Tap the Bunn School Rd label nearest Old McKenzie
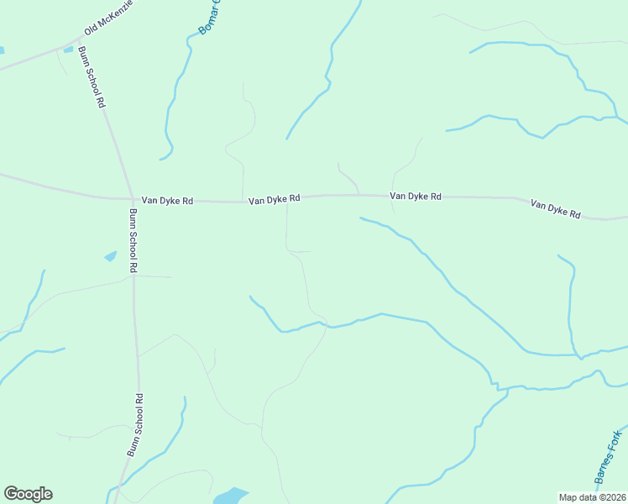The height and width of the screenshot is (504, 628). click(x=92, y=76)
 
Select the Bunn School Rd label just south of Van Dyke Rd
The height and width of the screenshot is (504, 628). click(x=132, y=240)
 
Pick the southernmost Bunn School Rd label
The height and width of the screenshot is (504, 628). click(x=135, y=425)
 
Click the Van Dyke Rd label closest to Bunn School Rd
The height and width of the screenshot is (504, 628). click(x=167, y=201)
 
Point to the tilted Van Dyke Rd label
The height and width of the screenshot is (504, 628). click(x=555, y=209)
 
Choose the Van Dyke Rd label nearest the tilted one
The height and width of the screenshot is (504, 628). click(x=415, y=196)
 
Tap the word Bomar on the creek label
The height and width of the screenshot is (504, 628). click(x=206, y=23)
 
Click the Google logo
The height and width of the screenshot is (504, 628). click(x=28, y=494)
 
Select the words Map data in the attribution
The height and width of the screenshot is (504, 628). click(x=577, y=497)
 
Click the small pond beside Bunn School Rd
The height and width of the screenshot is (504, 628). click(x=110, y=255)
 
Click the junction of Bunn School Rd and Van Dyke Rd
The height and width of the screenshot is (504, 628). click(x=132, y=200)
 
